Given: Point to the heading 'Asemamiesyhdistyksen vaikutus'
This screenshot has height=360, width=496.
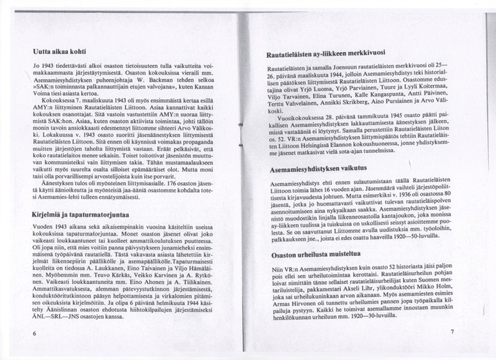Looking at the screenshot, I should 315,168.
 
